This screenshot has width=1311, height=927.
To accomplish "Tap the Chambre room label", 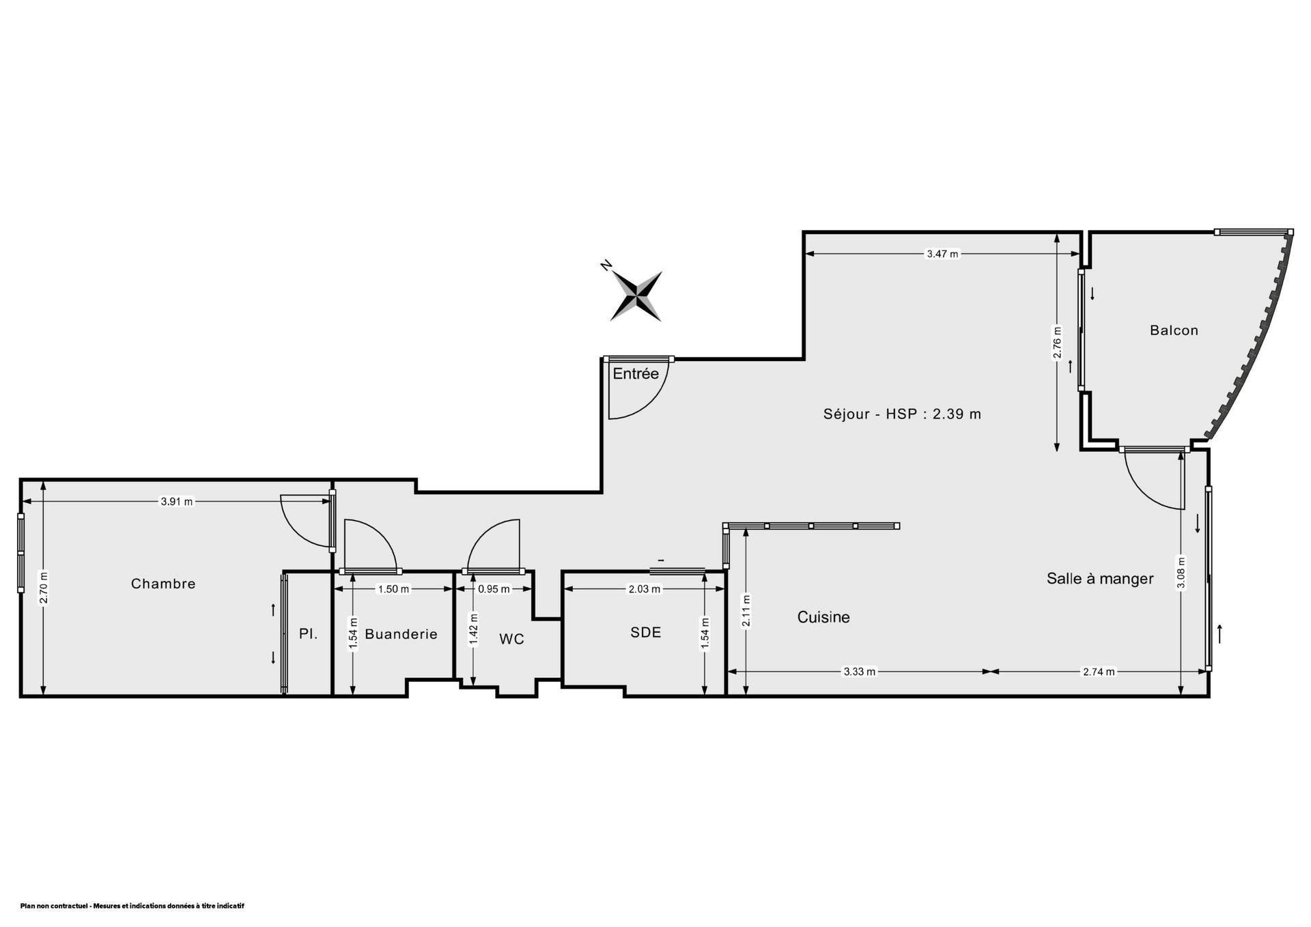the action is [163, 584].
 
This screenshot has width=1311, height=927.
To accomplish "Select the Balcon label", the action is [1174, 330].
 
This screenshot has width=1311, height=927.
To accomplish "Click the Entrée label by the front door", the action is [636, 373].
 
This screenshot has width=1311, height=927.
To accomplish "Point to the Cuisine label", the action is [823, 617].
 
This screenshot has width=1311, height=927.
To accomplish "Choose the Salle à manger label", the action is [1100, 578].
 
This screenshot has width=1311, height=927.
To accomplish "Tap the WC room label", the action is [511, 639].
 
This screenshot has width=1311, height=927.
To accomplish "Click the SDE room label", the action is [646, 633].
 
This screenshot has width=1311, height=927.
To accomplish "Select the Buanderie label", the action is [401, 634].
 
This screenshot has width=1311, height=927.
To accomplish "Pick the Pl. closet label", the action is [308, 634].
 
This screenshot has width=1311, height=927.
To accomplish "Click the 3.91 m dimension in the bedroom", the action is [176, 502].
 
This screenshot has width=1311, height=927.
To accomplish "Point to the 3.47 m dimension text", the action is [942, 254].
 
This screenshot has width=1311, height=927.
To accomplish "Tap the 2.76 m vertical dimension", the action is [1057, 341].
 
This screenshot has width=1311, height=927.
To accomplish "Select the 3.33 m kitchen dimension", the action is [859, 672].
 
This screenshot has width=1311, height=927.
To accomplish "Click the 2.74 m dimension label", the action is [1099, 672].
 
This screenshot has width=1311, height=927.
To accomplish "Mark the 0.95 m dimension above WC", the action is [494, 589].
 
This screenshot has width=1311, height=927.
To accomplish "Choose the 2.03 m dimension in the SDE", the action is [645, 589].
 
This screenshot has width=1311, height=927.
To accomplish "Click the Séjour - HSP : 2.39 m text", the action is [902, 414].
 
